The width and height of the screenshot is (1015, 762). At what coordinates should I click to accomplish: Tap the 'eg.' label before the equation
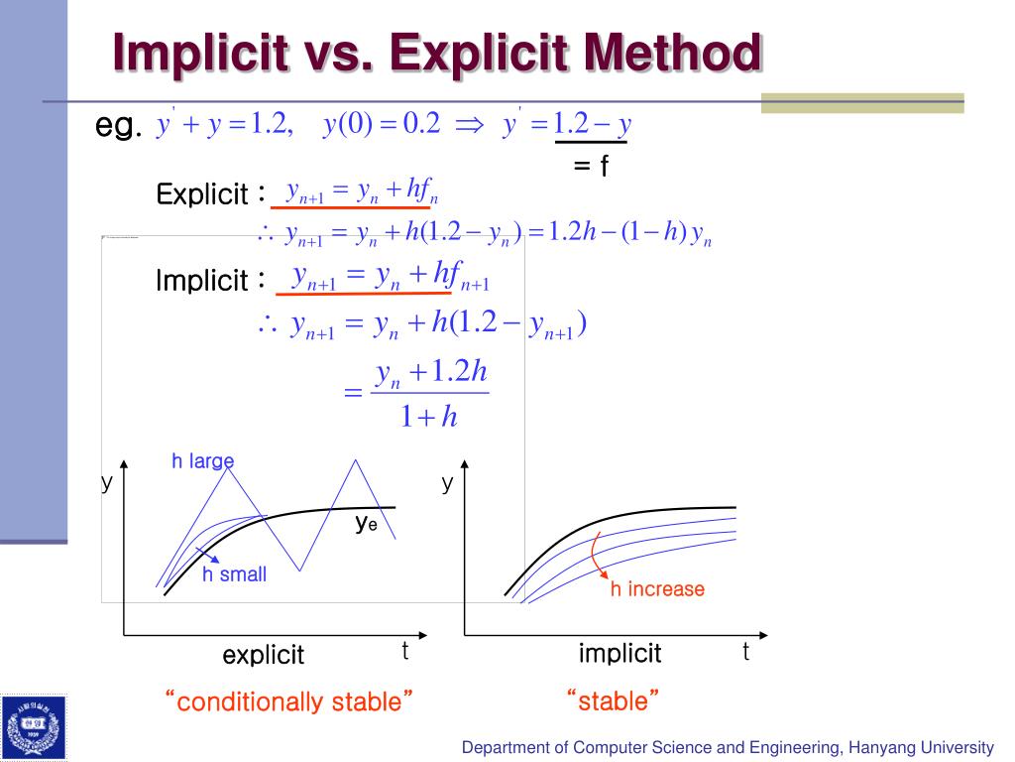point(119,126)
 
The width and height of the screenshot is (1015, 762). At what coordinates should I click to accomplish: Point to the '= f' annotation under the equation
point(590,166)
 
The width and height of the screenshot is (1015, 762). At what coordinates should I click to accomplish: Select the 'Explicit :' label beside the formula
point(209,194)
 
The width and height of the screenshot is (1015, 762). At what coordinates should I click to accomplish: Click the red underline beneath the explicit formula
point(347,208)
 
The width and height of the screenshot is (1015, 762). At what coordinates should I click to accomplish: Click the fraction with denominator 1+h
point(429,395)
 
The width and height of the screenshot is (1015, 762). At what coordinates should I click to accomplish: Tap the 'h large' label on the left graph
point(202,460)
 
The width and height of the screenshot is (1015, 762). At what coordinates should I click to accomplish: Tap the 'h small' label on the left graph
point(234,574)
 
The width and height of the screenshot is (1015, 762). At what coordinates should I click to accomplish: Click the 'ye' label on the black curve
point(366,524)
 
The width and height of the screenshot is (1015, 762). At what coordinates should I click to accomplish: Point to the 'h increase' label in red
point(656,589)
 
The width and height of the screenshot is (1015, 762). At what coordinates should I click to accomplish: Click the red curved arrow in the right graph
point(598,557)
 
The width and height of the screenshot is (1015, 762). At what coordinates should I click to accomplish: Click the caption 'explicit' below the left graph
point(263,655)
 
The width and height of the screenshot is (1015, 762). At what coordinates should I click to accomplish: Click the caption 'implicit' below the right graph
point(620,653)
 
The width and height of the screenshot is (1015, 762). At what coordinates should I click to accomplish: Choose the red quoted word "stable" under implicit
point(613,702)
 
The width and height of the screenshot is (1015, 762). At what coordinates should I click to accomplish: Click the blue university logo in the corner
point(34,727)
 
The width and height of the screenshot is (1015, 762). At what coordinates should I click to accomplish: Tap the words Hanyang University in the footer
point(922,747)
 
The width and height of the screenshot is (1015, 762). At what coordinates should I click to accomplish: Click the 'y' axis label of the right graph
point(448,483)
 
